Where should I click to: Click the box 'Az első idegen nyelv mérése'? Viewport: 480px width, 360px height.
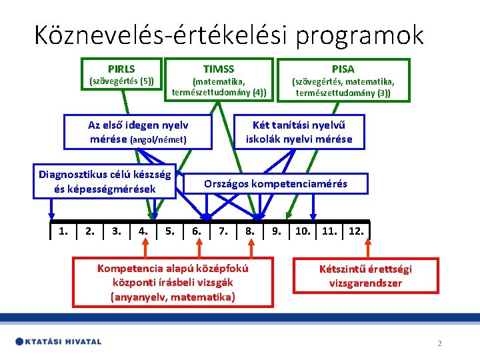[x=138, y=132]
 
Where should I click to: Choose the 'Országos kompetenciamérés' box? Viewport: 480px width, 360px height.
[x=275, y=183]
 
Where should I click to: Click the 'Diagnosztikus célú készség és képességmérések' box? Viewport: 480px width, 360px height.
[x=105, y=182]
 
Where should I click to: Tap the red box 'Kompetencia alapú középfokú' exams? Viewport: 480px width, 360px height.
[x=173, y=283]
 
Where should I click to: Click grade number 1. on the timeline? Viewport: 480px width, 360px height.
[x=63, y=231]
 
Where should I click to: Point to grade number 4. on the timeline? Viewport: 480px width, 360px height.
[x=143, y=231]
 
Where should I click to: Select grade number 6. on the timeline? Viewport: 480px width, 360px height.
[x=197, y=231]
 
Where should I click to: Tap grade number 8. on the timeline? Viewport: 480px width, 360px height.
[x=250, y=231]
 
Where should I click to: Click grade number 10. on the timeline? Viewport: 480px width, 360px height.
[x=303, y=231]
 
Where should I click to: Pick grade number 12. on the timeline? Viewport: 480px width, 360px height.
[x=356, y=231]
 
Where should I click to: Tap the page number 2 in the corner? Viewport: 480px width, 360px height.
[x=439, y=343]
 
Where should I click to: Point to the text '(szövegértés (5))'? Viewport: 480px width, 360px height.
[x=121, y=81]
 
